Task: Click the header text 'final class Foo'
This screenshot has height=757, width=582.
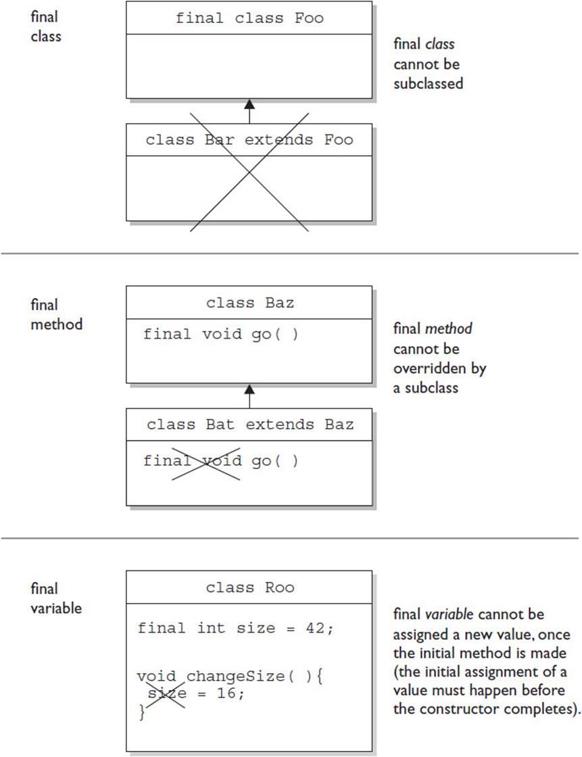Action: point(249,18)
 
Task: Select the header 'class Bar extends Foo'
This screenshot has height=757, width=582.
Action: point(249,140)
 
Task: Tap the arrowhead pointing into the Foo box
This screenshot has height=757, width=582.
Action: point(249,104)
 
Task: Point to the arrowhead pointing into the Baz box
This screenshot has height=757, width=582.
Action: point(249,389)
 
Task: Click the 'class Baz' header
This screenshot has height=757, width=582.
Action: point(249,303)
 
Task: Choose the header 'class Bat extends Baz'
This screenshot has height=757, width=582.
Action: point(250,424)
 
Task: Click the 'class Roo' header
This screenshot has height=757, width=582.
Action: point(249,587)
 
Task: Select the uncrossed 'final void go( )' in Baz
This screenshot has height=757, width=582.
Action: point(221,334)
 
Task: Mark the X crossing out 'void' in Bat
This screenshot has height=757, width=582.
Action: point(205,462)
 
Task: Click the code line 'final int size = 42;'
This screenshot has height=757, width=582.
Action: point(235,628)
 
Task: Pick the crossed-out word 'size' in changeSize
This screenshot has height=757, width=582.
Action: point(167,693)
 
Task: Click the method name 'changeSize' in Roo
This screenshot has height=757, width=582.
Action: point(235,676)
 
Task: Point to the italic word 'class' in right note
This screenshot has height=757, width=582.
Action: point(440,44)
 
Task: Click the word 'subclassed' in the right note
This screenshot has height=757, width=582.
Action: point(428,84)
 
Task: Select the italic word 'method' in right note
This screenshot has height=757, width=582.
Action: point(447,328)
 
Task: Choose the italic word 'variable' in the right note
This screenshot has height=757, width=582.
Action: point(449,614)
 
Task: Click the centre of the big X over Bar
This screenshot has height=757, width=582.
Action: point(249,172)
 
